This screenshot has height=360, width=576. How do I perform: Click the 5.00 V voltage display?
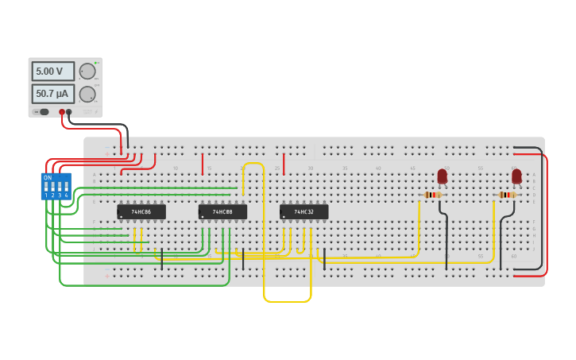point(52,72)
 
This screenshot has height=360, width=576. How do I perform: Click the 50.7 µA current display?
point(52,94)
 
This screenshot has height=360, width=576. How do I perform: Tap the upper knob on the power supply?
point(87,72)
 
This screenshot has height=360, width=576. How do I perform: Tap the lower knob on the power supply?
point(87,94)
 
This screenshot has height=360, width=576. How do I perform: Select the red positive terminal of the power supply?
point(62,112)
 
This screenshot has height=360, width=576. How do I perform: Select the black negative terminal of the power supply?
point(69,112)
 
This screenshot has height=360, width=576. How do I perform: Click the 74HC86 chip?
point(141,212)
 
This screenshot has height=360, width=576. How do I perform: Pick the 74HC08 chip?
point(222,212)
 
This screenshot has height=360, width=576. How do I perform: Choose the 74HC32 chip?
point(303,212)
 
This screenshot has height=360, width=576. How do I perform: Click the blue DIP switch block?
point(56,186)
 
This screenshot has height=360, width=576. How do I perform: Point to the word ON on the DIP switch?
point(48,177)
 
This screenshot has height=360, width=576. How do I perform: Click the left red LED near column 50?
point(443,176)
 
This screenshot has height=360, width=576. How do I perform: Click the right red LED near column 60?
point(516,176)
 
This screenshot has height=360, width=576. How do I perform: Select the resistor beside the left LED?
point(432,195)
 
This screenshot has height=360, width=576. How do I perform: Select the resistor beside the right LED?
point(506,195)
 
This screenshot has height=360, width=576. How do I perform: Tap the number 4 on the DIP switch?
point(67,195)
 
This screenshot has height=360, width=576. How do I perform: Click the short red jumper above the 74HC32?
point(284,164)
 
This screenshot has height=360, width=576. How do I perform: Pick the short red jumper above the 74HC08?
point(203,164)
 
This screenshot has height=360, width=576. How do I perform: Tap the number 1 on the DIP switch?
point(46,195)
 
